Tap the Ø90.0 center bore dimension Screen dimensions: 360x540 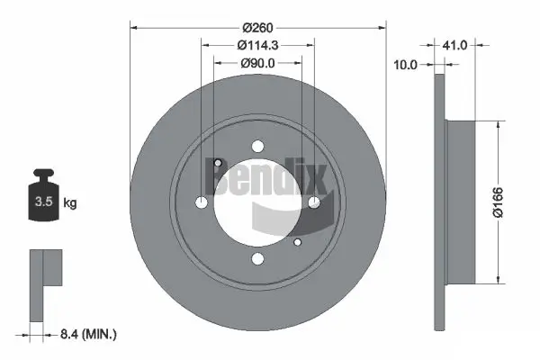[257, 63]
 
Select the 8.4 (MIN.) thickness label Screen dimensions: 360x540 [86, 334]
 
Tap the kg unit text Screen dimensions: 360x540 [70, 203]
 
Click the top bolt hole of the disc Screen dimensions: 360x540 [258, 146]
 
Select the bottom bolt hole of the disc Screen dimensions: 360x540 [258, 260]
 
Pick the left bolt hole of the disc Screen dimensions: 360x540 [202, 203]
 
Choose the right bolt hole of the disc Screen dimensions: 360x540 [315, 203]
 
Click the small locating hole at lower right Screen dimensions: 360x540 [299, 241]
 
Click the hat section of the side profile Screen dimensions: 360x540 [460, 202]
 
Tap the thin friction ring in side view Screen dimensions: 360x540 [439, 202]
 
